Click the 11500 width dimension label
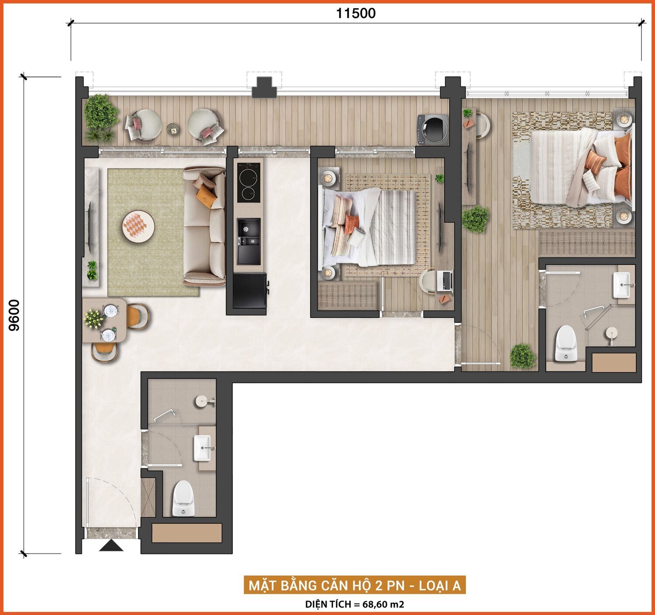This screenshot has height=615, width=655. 355,13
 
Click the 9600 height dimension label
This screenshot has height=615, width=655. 14,315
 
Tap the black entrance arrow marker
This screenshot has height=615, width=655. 111,545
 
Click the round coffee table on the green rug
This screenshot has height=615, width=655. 138,227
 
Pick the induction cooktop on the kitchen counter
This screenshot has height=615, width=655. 248,182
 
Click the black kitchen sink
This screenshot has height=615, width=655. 248,241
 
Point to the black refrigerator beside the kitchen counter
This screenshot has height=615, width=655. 250,290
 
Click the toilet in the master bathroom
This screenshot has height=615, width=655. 565,343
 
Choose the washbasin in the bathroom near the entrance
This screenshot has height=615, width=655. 202,448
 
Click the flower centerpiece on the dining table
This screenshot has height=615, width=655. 94,319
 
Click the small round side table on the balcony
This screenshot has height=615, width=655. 172,129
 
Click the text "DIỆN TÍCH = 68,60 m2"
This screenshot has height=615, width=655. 355,604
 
